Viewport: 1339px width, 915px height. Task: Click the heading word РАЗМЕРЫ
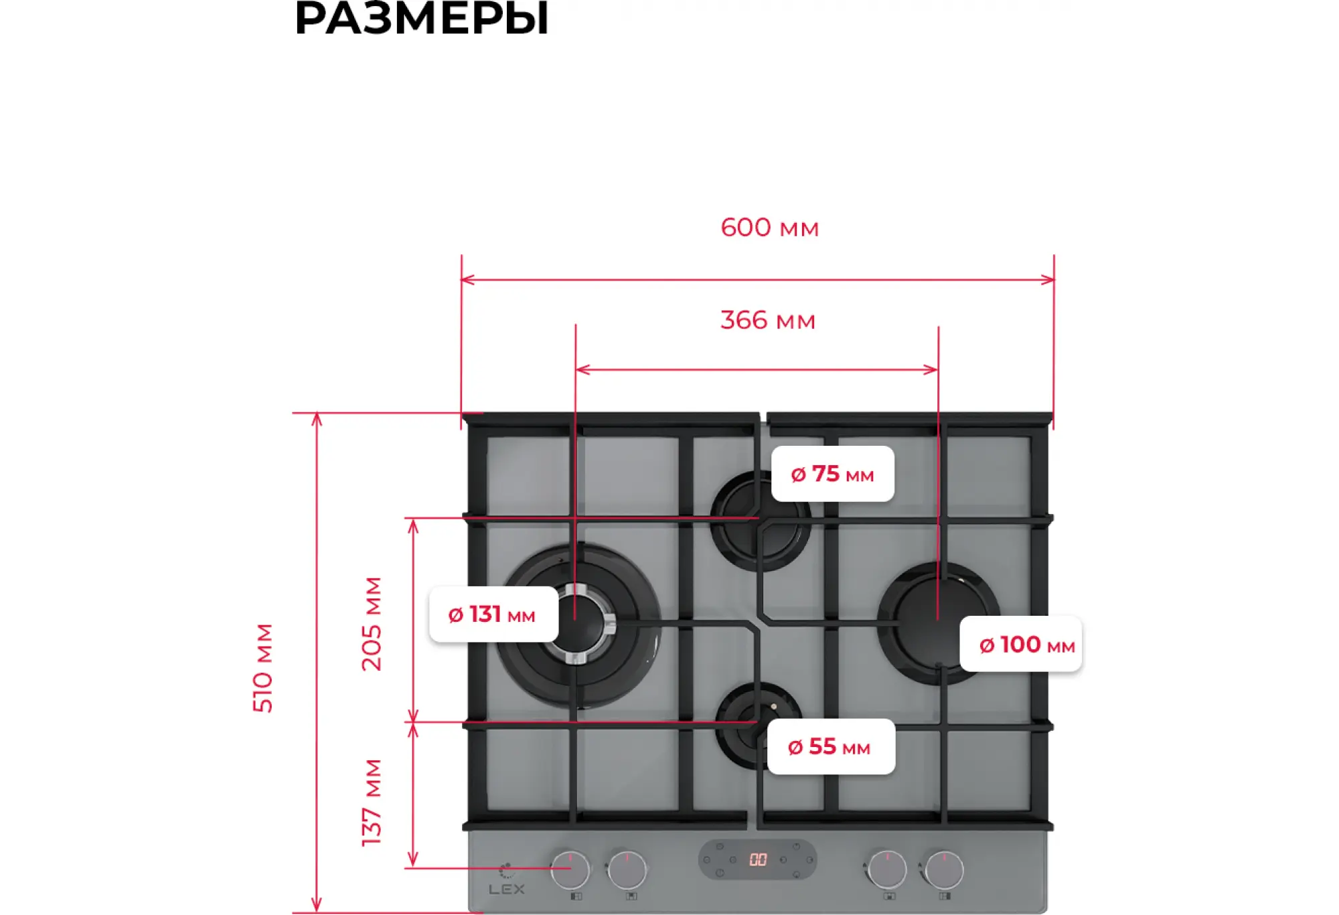(421, 19)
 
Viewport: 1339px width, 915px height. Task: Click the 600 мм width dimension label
(769, 228)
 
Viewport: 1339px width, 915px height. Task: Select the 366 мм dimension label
(767, 321)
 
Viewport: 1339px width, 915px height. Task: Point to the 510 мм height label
(263, 667)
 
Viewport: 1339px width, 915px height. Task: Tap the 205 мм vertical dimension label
(372, 623)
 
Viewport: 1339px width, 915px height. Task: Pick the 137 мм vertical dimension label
(372, 802)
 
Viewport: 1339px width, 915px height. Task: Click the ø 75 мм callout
(832, 474)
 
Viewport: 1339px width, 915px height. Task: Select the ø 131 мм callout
(493, 614)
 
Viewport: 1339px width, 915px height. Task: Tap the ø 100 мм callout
(1020, 644)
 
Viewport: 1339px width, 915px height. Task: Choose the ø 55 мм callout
(830, 746)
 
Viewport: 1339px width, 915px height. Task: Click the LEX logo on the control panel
(507, 888)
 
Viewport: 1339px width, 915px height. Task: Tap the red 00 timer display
(757, 859)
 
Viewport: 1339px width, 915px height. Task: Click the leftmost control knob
(570, 869)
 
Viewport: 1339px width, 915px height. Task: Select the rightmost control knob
(944, 869)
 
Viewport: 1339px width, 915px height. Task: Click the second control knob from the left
(627, 869)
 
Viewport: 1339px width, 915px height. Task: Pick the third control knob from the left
(887, 869)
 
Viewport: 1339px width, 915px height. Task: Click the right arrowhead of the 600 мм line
(1049, 279)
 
